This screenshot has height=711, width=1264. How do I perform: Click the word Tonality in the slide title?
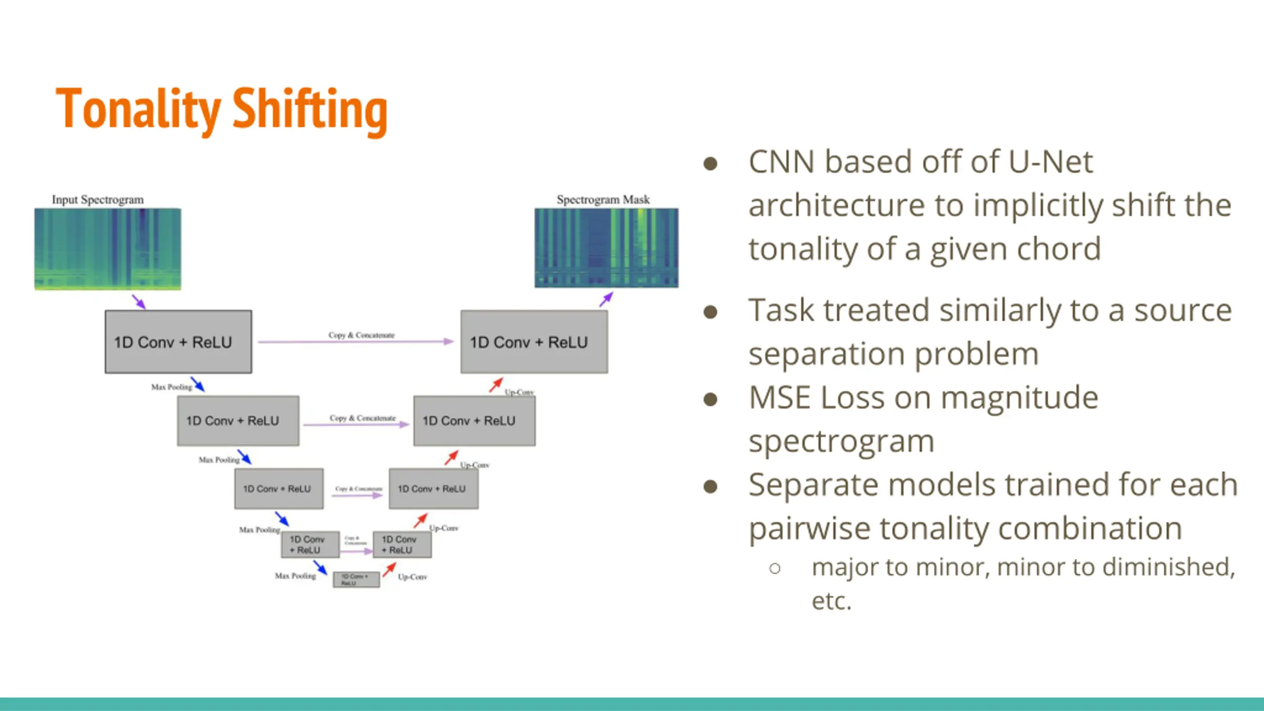[x=138, y=109]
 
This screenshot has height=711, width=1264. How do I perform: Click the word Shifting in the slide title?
[x=310, y=110]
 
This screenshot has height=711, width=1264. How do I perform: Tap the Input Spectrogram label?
[x=98, y=200]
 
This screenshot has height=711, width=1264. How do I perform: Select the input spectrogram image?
[x=108, y=249]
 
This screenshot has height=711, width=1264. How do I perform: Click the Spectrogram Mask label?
[x=603, y=200]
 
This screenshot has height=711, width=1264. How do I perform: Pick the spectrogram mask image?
[x=606, y=248]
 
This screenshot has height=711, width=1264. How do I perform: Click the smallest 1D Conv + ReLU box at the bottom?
[x=356, y=579]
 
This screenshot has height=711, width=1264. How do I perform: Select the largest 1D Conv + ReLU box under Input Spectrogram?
[x=178, y=342]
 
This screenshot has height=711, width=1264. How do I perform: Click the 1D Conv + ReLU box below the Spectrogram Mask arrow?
[x=534, y=342]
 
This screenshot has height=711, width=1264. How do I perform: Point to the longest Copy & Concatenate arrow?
[x=355, y=341]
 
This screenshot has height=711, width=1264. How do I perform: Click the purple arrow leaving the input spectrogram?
[x=139, y=302]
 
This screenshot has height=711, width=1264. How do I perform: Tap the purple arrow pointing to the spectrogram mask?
[x=606, y=299]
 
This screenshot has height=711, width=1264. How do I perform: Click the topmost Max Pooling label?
[x=171, y=387]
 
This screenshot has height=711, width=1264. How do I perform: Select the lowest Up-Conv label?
[x=412, y=577]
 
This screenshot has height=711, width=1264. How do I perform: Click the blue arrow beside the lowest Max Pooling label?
[x=320, y=568]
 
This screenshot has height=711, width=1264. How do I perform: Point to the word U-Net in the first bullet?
[x=1050, y=162]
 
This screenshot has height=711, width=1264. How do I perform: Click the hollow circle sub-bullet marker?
[x=775, y=568]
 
